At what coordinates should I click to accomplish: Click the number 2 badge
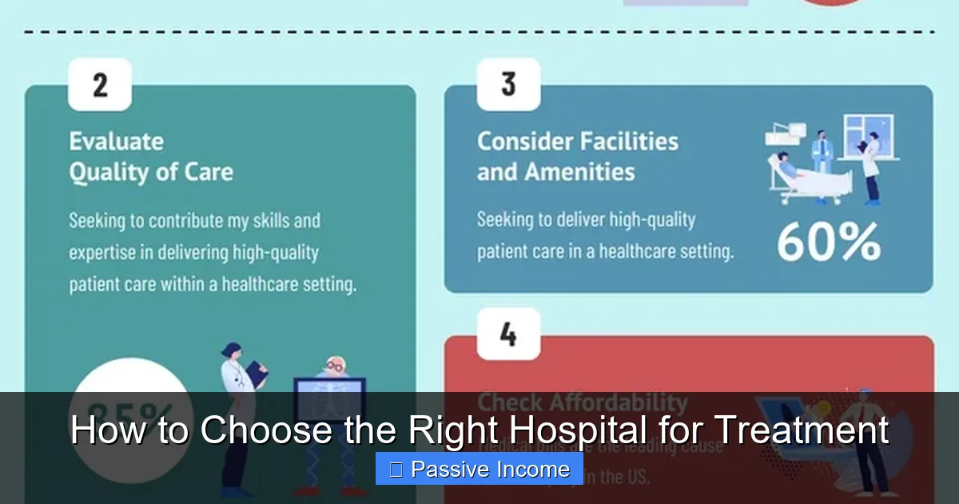pos(100,84)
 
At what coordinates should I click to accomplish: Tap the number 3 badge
pos(508,84)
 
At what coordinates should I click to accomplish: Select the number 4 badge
pos(508,334)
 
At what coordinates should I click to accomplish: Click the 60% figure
pos(829,242)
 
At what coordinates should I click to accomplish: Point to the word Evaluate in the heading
pos(116,142)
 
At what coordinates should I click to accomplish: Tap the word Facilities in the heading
pos(628,142)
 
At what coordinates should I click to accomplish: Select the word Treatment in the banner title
pos(800,430)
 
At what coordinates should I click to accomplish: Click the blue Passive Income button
pos(479,469)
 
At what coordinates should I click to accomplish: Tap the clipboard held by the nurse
pos(257,370)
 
